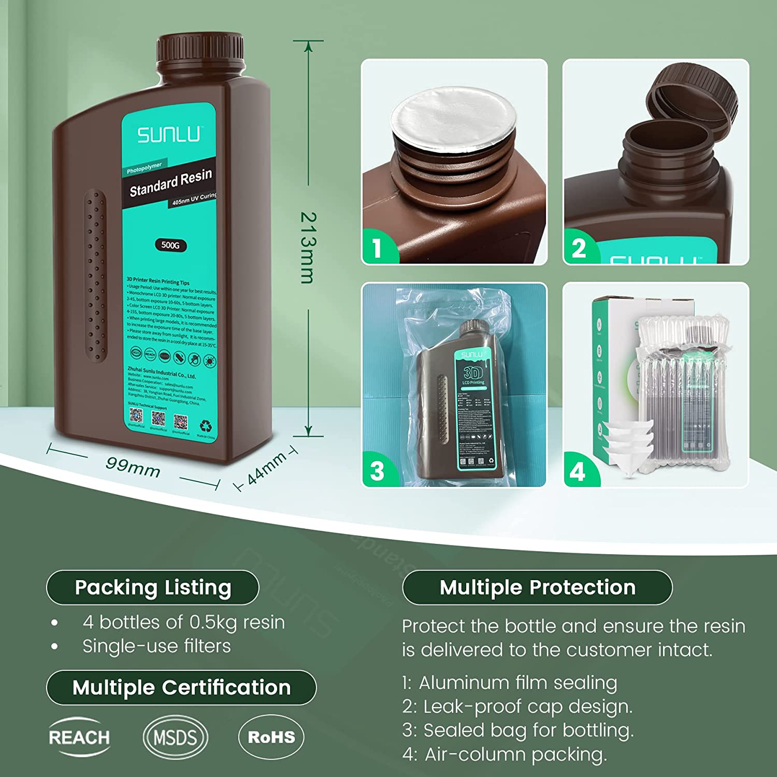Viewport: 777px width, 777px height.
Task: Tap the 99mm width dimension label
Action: [x=133, y=467]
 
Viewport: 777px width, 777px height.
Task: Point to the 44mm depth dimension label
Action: [x=266, y=468]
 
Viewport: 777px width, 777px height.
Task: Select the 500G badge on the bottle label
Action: [x=170, y=245]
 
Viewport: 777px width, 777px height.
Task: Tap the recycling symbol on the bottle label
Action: [x=206, y=426]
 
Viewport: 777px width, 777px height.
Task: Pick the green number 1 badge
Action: [x=378, y=248]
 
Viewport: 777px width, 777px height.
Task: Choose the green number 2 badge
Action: [x=579, y=248]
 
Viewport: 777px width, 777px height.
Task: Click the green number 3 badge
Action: [x=378, y=470]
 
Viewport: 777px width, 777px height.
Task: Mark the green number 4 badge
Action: [x=578, y=470]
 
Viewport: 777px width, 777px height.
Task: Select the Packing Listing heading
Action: [x=153, y=587]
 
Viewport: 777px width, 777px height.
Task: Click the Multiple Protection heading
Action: [x=537, y=587]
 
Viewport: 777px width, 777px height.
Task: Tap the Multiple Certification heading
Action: [x=181, y=687]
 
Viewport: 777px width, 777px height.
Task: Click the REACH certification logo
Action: [x=79, y=737]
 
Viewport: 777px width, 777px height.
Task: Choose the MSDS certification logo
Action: [x=175, y=737]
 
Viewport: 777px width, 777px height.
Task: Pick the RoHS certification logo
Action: [x=271, y=737]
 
